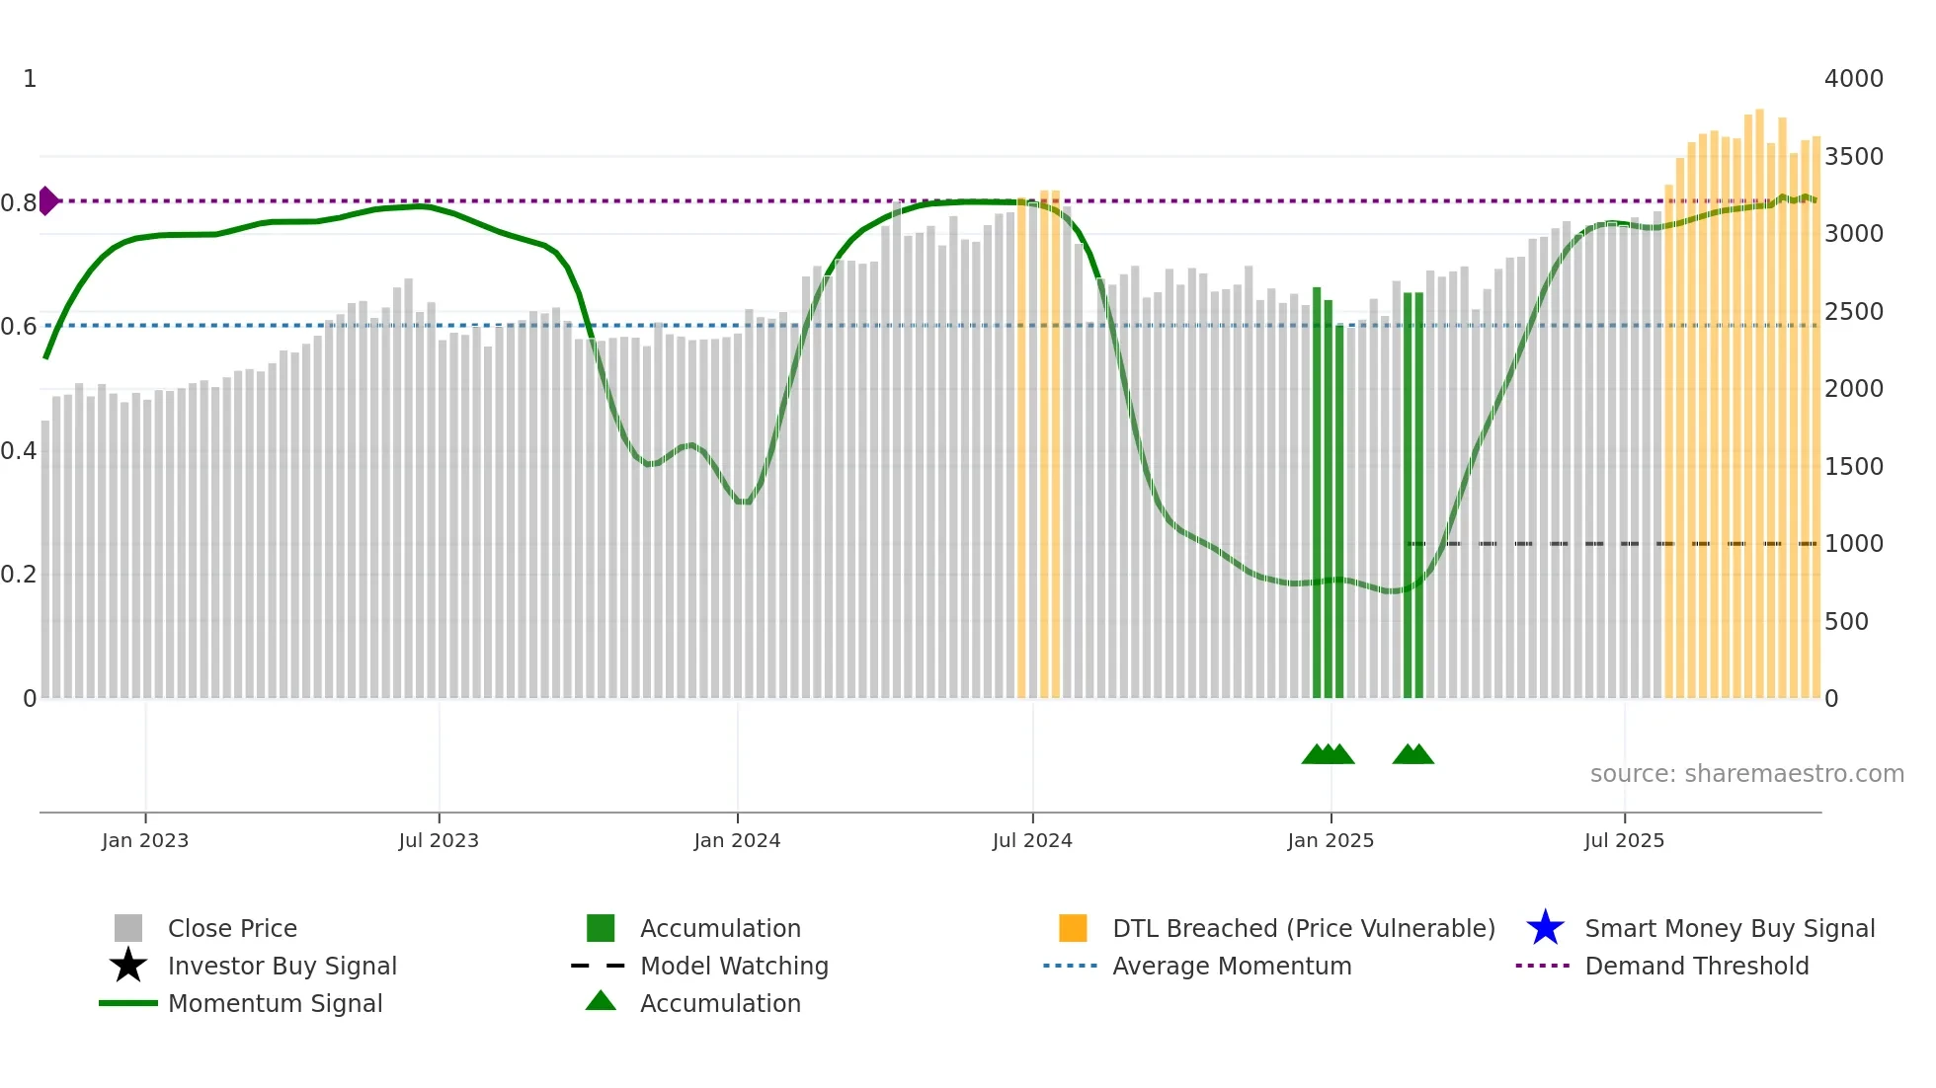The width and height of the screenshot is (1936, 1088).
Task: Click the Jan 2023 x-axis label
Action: [145, 840]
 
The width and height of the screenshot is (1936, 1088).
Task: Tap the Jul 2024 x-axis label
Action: [1032, 840]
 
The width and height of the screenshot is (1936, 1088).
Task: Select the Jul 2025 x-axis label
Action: [1624, 840]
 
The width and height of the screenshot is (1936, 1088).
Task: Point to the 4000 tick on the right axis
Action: [1854, 79]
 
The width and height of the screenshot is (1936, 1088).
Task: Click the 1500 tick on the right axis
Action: [1854, 467]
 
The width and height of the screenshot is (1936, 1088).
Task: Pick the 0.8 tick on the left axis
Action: [19, 203]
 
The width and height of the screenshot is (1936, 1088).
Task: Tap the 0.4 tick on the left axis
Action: [19, 451]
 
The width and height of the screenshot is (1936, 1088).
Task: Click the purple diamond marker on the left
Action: [47, 200]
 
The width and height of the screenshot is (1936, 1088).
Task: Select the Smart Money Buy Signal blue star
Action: [1545, 928]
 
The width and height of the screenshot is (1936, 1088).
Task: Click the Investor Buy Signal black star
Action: [128, 966]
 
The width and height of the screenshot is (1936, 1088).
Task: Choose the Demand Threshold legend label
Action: [1697, 966]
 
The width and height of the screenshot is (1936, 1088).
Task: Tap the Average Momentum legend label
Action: [1232, 966]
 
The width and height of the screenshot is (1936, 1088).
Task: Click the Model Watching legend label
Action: [734, 966]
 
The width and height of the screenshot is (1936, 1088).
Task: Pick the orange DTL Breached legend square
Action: [1073, 928]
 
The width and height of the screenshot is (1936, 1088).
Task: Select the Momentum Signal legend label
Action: [275, 1003]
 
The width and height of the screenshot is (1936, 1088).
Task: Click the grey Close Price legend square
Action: [128, 928]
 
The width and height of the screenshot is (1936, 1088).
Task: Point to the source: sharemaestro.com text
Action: [1747, 774]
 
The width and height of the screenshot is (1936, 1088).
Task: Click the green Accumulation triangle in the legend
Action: [601, 1001]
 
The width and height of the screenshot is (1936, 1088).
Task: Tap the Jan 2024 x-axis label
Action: [737, 840]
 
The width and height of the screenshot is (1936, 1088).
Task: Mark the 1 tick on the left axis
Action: [30, 79]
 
